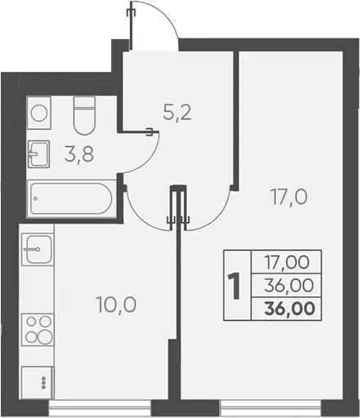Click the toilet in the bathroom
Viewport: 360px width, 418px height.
[84, 115]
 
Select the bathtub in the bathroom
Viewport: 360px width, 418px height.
[72, 198]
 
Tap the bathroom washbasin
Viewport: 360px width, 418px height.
[39, 154]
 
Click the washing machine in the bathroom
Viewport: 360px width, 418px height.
[39, 113]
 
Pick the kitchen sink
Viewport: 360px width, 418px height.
[38, 250]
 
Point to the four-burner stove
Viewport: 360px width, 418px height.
[38, 330]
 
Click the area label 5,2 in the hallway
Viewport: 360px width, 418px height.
[177, 113]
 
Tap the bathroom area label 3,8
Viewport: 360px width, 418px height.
[79, 154]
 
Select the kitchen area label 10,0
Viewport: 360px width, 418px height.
[116, 305]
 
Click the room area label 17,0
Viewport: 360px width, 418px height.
[288, 197]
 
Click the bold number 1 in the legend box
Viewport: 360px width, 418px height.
[233, 286]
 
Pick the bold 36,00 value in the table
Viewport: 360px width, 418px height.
[290, 309]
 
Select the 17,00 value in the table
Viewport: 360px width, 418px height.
[287, 262]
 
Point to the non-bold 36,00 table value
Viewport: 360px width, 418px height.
[289, 286]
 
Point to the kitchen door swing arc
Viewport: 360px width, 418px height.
[138, 218]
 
